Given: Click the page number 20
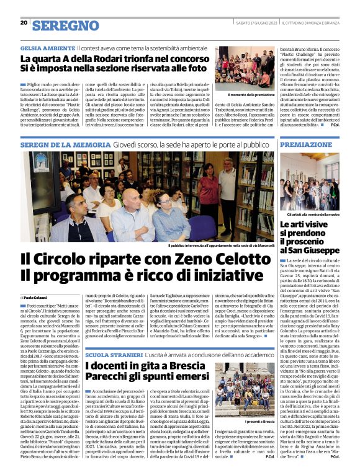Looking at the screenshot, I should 24,23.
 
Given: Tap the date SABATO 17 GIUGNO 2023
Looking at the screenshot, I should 253,23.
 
